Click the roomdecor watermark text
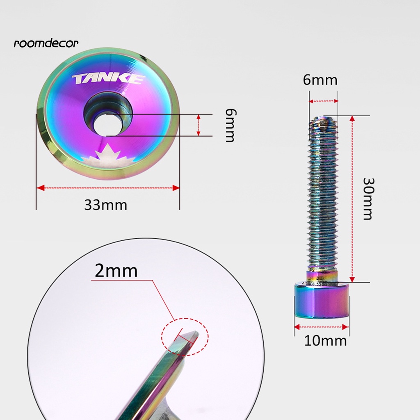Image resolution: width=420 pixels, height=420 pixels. (x=46, y=43)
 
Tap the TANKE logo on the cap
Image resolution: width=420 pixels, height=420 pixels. (x=108, y=79)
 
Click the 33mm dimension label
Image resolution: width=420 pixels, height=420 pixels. (x=105, y=205)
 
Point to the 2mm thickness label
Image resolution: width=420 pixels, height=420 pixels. (x=116, y=271)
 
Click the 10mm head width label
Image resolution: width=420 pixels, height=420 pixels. (x=325, y=341)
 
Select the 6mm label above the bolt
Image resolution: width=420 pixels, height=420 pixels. (x=320, y=80)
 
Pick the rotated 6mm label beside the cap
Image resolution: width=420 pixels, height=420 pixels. (x=231, y=125)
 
